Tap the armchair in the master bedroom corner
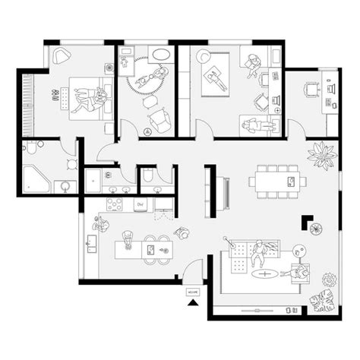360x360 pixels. click(x=61, y=55)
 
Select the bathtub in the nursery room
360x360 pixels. click(x=161, y=55)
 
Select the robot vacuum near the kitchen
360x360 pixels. click(x=181, y=232)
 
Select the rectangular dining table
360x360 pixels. click(x=276, y=179)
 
